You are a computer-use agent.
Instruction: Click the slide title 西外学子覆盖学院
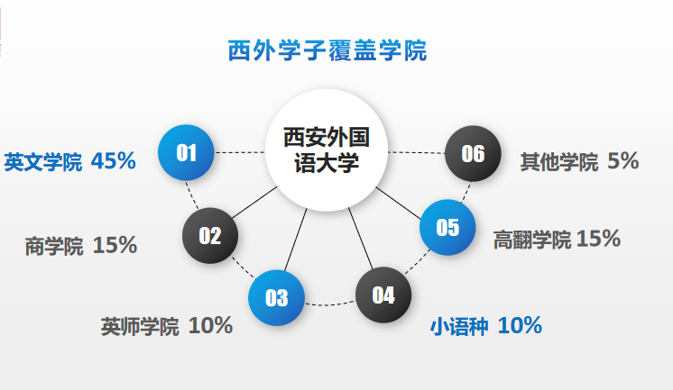click(327, 50)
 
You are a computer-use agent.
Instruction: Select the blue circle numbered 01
click(186, 152)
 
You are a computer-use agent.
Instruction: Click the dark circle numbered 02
click(210, 236)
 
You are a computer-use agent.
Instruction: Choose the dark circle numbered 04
click(383, 295)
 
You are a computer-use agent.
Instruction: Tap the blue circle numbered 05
click(447, 227)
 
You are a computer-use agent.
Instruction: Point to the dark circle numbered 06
click(473, 153)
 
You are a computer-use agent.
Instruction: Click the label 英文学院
click(42, 163)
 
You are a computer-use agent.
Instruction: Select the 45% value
click(114, 162)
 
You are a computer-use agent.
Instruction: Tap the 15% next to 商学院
click(115, 245)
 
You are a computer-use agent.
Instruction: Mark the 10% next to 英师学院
click(210, 326)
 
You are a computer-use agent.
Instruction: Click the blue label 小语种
click(458, 326)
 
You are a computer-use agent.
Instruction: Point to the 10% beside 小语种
click(520, 325)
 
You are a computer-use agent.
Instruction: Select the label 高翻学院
click(531, 240)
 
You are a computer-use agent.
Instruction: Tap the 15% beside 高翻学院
click(598, 239)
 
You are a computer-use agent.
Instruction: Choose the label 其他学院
click(558, 163)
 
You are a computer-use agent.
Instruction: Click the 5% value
click(623, 162)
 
